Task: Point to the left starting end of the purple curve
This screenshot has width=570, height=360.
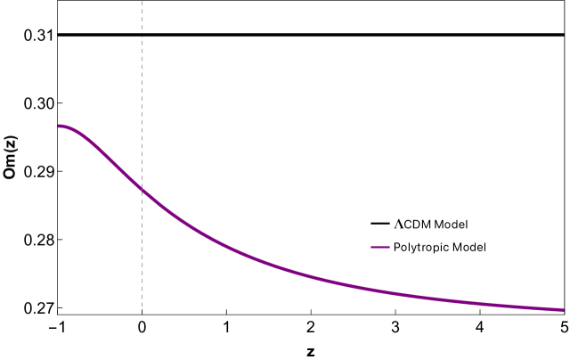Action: point(60,126)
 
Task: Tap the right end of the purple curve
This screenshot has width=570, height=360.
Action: point(563,309)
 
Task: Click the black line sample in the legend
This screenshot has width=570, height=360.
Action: point(379,224)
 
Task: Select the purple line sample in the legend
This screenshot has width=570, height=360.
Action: point(379,247)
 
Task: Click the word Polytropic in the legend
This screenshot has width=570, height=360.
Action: point(422,247)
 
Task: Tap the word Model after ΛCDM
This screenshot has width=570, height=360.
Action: point(450,224)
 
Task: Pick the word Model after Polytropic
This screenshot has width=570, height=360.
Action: point(469,247)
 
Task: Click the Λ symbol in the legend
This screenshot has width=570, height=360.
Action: point(398,224)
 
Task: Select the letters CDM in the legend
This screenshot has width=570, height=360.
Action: point(416,224)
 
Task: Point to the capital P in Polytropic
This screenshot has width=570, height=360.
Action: point(396,247)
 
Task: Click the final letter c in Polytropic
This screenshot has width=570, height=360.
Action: point(447,248)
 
